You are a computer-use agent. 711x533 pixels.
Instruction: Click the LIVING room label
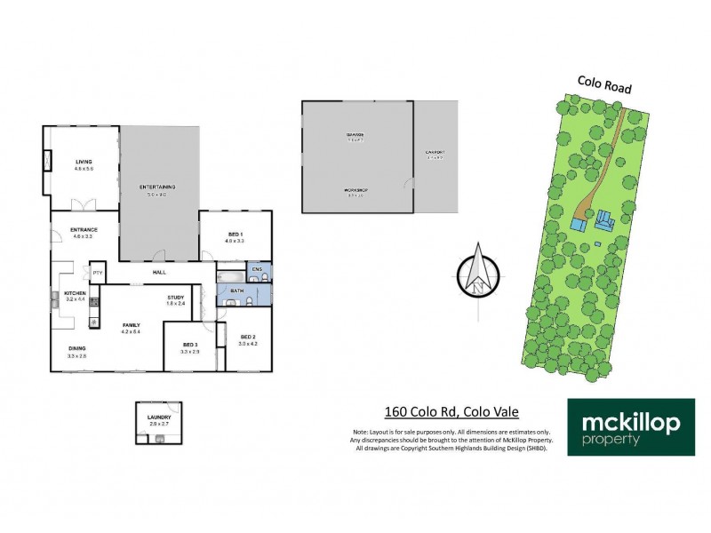pyautogui.click(x=84, y=162)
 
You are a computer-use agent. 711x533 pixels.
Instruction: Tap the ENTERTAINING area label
pyautogui.click(x=157, y=187)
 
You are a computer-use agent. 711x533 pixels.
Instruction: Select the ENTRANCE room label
pyautogui.click(x=84, y=231)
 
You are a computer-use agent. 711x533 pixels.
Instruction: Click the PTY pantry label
pyautogui.click(x=98, y=273)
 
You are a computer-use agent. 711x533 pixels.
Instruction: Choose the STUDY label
pyautogui.click(x=175, y=298)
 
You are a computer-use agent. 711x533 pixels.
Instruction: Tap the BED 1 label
pyautogui.click(x=235, y=234)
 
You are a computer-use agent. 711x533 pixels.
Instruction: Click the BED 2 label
pyautogui.click(x=247, y=337)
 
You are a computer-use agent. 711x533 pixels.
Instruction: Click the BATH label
pyautogui.click(x=236, y=290)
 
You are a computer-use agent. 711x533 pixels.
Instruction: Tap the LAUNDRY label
pyautogui.click(x=159, y=415)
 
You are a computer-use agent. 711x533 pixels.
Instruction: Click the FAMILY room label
pyautogui.click(x=132, y=326)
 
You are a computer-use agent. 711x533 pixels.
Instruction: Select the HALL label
pyautogui.click(x=159, y=273)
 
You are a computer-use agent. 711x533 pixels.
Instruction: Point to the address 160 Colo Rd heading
pyautogui.click(x=451, y=411)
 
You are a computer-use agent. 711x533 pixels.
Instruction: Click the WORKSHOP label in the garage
pyautogui.click(x=355, y=191)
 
